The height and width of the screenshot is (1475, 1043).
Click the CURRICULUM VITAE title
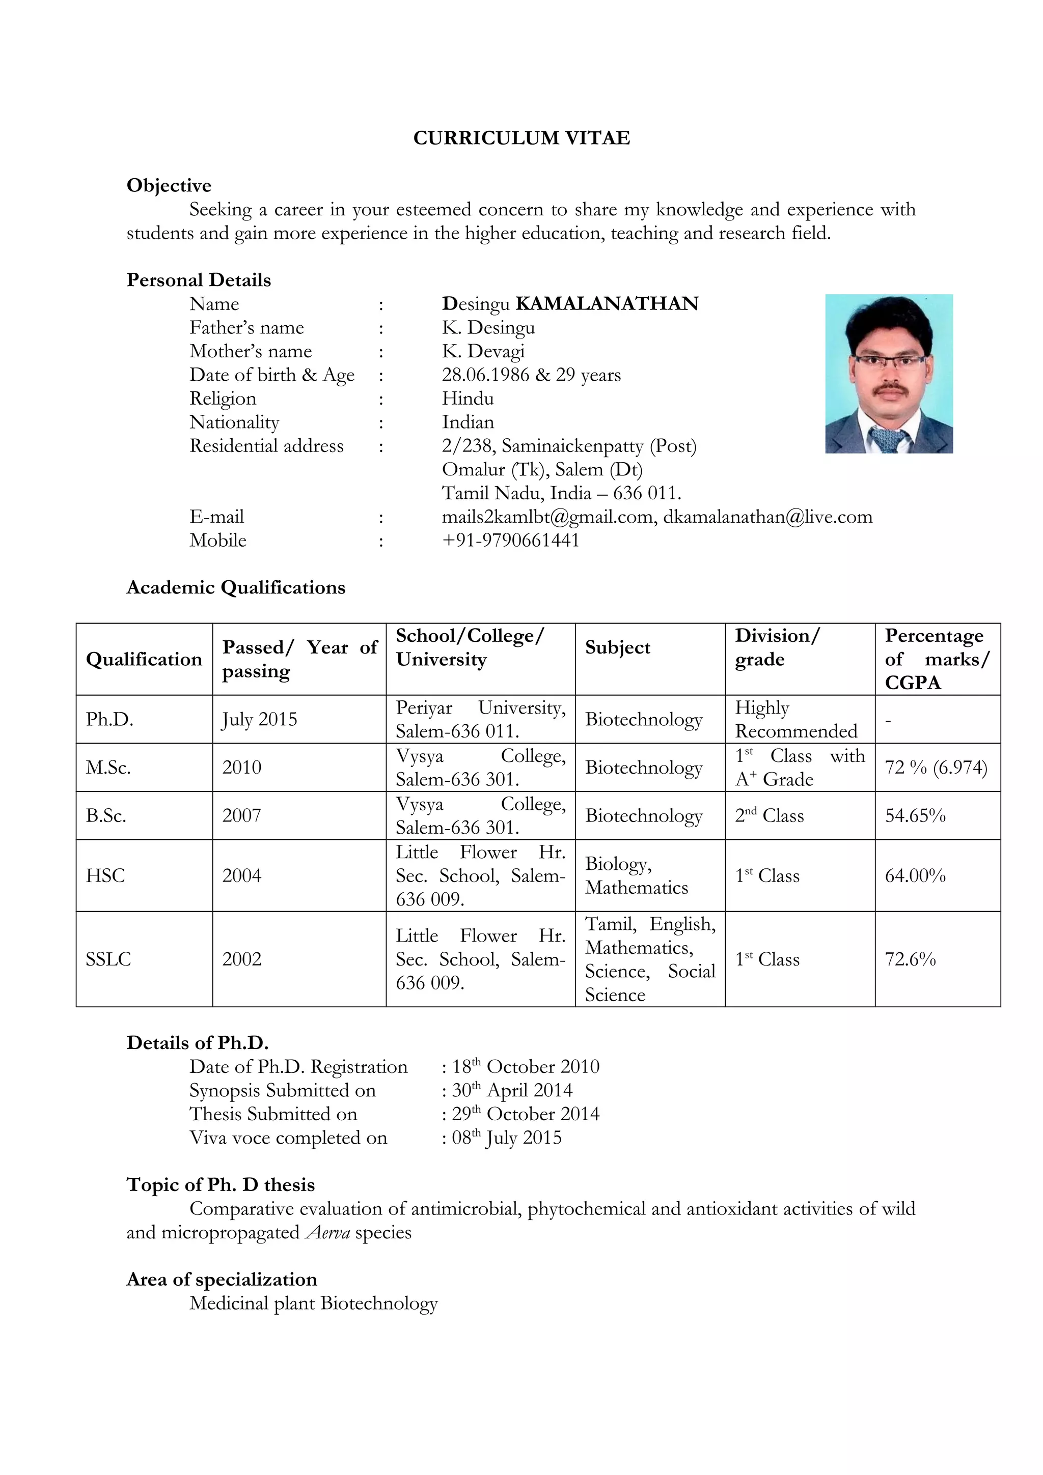(521, 138)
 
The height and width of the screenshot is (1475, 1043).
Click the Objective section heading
(169, 186)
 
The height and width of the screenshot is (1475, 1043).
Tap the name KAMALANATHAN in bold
(607, 304)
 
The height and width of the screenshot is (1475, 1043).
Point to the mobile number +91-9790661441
(510, 541)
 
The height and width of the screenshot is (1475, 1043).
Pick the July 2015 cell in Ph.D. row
(260, 720)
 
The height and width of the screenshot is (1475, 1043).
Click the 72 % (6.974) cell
(936, 768)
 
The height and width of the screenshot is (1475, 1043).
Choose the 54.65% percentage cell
(915, 816)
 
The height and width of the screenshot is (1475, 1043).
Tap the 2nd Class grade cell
(769, 816)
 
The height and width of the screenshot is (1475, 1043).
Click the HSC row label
(105, 875)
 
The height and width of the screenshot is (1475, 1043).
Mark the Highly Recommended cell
(795, 720)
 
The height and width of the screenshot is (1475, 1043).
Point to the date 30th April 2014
(512, 1091)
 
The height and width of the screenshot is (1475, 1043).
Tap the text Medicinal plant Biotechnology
(313, 1303)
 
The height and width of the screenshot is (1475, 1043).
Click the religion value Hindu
(468, 399)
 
